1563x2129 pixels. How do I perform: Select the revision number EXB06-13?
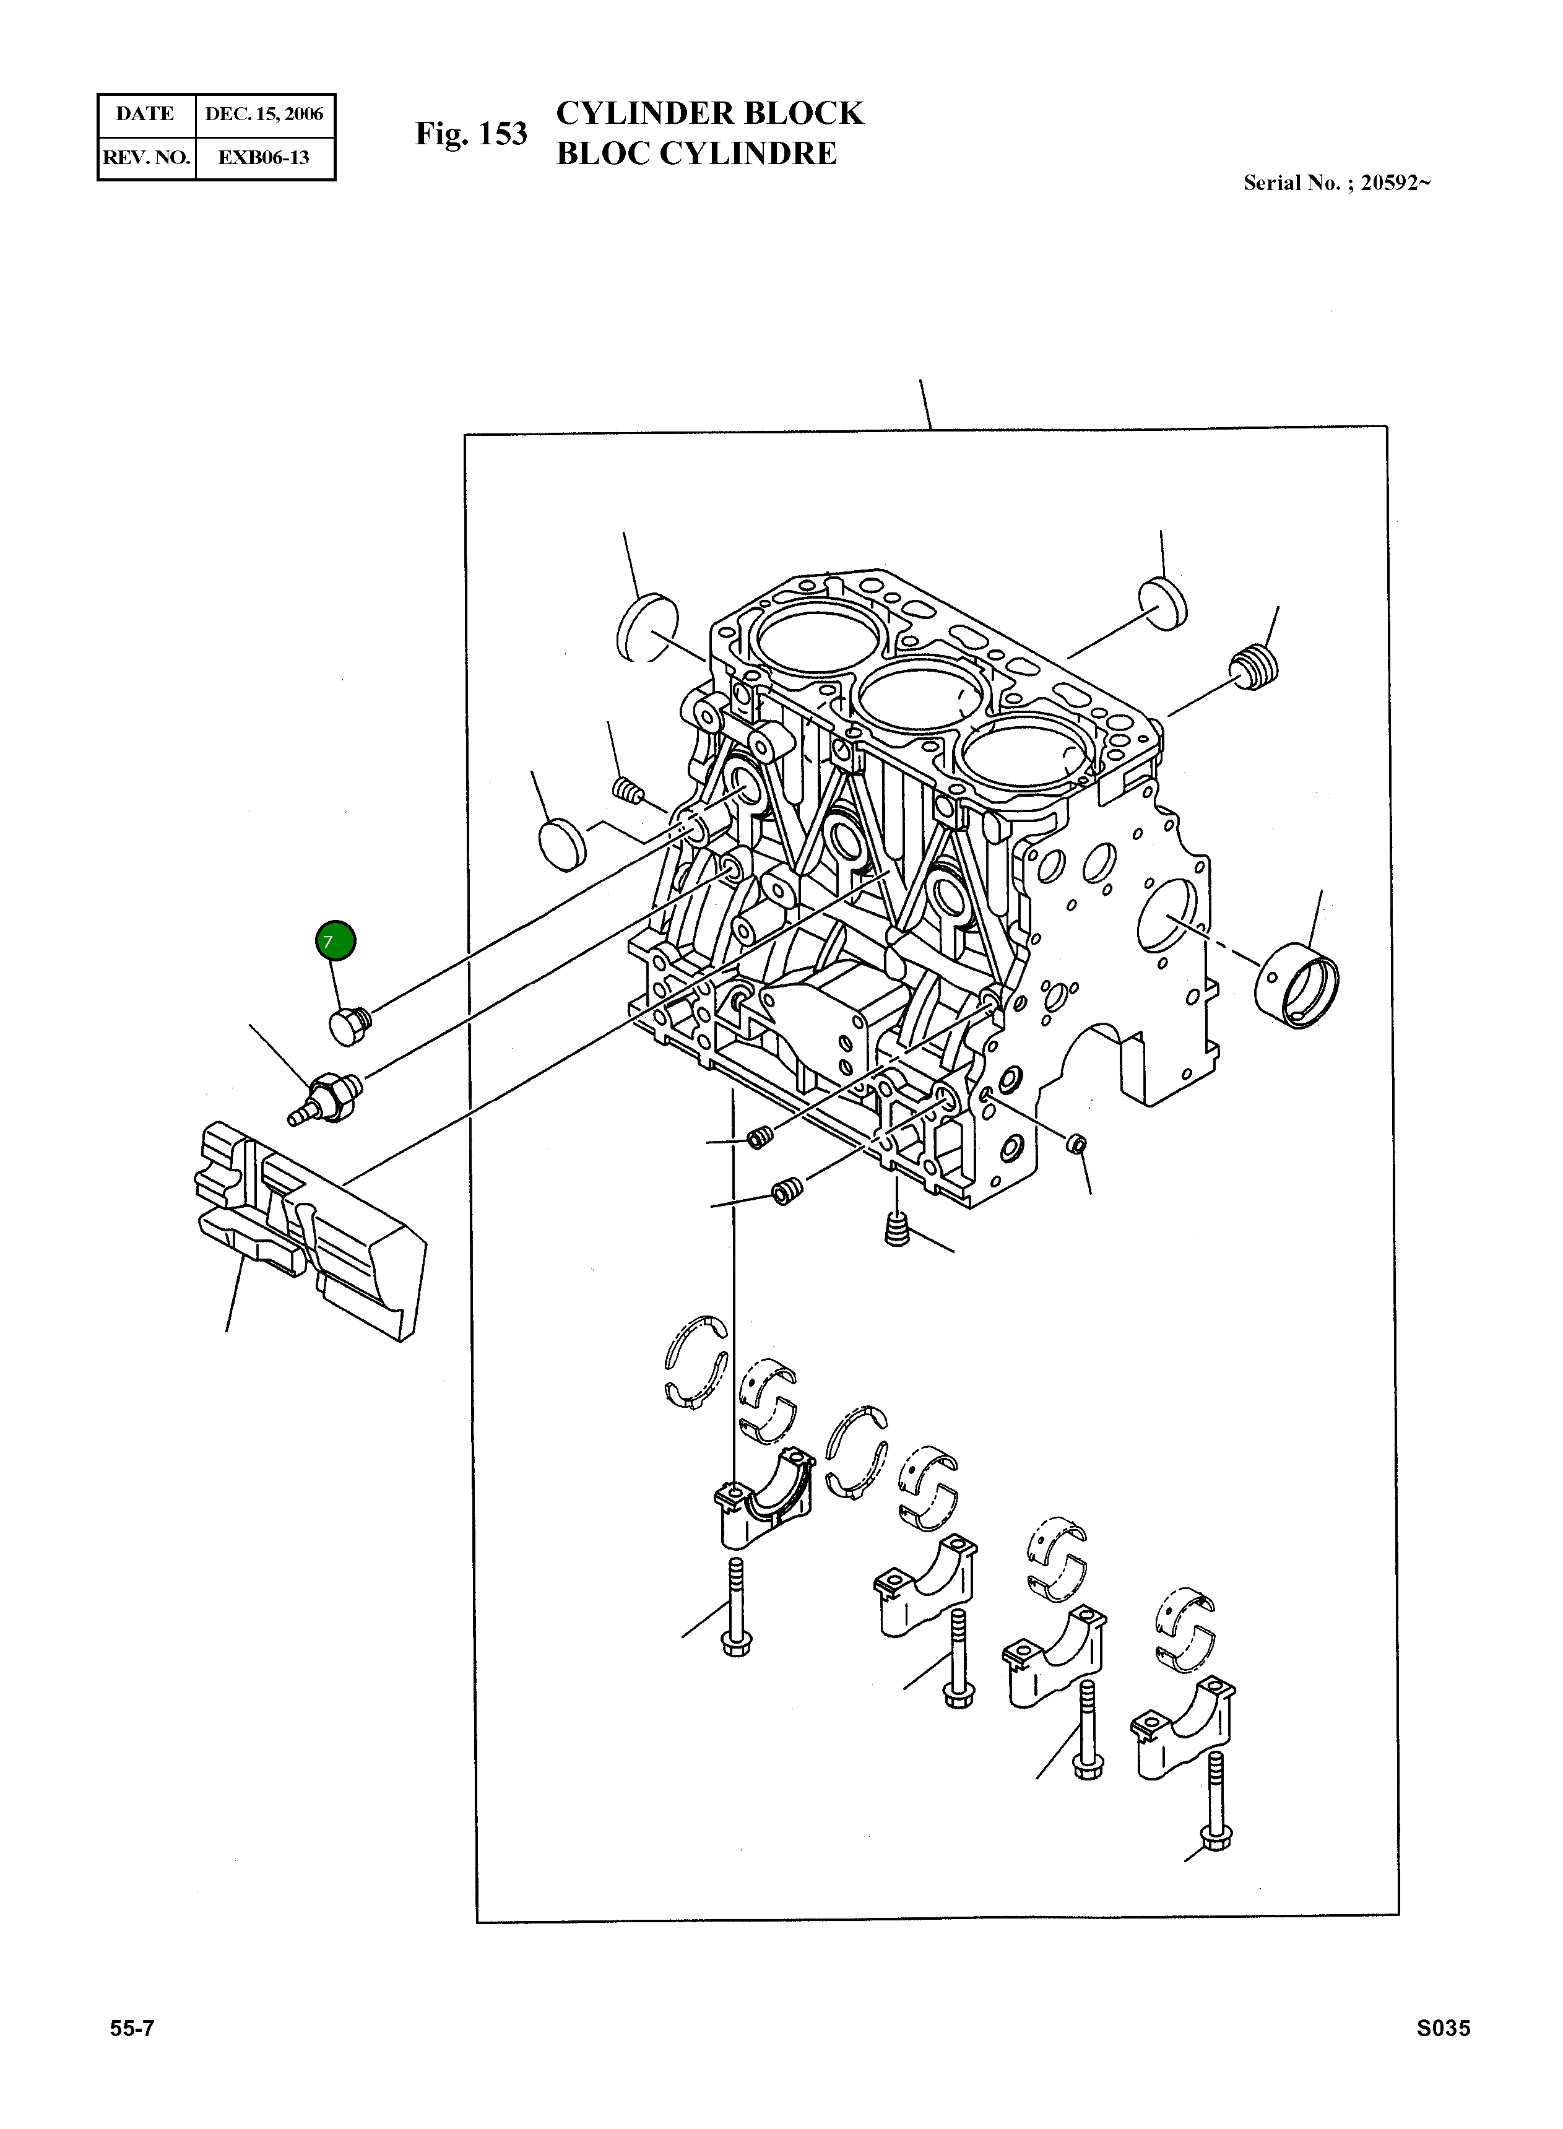pos(263,157)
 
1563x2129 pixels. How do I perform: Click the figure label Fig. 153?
pos(470,134)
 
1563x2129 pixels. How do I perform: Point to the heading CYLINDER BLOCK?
pos(709,113)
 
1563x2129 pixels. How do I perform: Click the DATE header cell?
pos(145,115)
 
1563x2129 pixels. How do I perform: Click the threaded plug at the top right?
pos(1255,668)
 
